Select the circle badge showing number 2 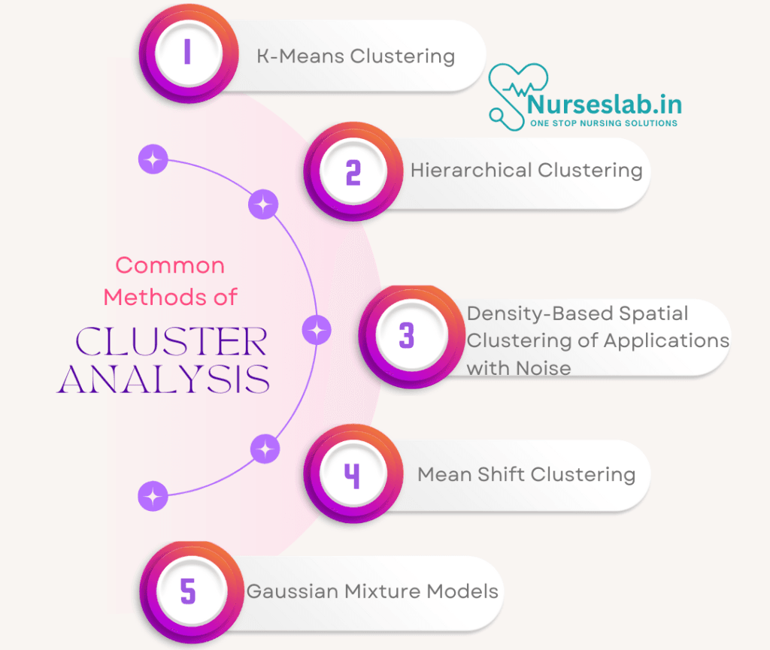(x=352, y=174)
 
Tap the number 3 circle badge (x=407, y=336)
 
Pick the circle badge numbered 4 (x=352, y=476)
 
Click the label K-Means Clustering (x=356, y=56)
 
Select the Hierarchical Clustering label (x=526, y=171)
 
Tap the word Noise (x=543, y=368)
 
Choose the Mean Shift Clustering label (x=526, y=475)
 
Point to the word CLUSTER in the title (x=171, y=343)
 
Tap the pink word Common (x=170, y=265)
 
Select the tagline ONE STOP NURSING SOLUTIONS (x=603, y=123)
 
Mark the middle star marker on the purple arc (x=317, y=330)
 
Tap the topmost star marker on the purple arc (x=153, y=159)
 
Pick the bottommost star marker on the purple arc (x=153, y=496)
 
